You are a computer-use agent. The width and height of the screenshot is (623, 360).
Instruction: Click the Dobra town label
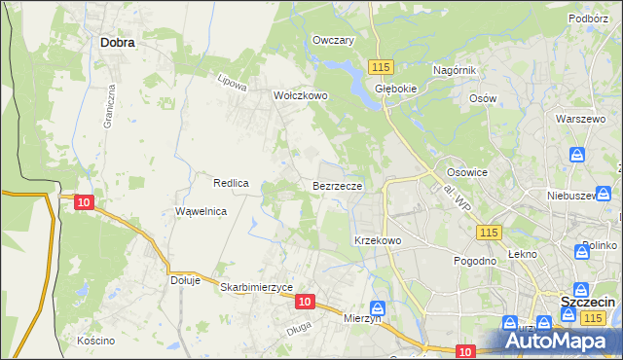[x=117, y=43]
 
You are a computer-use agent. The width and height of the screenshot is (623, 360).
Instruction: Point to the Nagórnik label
[x=454, y=71]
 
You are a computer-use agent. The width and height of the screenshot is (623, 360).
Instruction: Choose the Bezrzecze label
[x=338, y=185]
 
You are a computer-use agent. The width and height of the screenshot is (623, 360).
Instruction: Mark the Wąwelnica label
[x=201, y=211]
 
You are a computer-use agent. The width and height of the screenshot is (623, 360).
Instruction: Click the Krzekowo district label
[x=378, y=239]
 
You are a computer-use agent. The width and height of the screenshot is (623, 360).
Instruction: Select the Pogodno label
[x=476, y=261]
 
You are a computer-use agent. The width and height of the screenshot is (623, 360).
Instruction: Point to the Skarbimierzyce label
[x=257, y=287]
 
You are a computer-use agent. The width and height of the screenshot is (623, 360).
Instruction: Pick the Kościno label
[x=96, y=341]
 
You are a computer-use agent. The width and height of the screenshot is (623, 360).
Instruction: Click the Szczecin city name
[x=587, y=303]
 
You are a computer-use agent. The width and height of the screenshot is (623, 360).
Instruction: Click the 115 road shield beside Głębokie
[x=381, y=66]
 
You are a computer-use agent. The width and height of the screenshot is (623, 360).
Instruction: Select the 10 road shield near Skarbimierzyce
[x=305, y=303]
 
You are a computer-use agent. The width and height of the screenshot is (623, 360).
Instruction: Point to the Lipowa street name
[x=233, y=85]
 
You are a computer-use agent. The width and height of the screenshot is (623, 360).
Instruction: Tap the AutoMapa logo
[x=561, y=342]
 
